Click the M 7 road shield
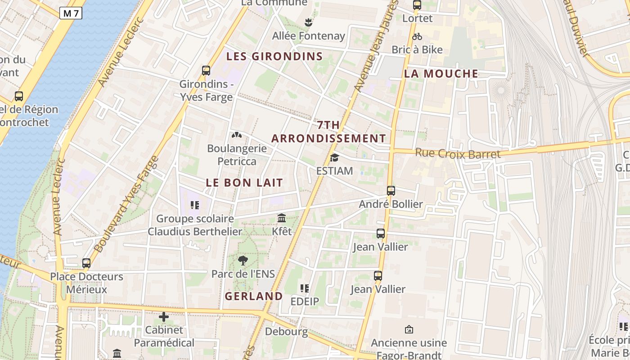[x=71, y=13]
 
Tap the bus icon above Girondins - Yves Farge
[x=206, y=70]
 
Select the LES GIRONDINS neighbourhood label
[x=274, y=56]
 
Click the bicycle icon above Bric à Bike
[x=417, y=36]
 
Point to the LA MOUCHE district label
[x=441, y=73]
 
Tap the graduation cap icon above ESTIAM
[x=334, y=157]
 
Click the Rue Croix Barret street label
[x=458, y=153]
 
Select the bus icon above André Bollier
[x=391, y=191]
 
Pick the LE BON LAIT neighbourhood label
[x=245, y=182]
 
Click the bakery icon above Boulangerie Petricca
[x=237, y=135]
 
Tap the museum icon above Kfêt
[x=282, y=218]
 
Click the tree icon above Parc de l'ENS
[x=243, y=260]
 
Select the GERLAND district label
[x=254, y=296]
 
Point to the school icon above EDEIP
[x=305, y=288]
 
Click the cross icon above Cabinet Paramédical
[x=164, y=317]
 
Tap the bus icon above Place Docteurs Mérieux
[x=86, y=263]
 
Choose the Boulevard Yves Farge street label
[x=127, y=203]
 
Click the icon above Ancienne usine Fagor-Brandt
[x=409, y=330]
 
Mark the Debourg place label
[x=286, y=332]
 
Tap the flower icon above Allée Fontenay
[x=308, y=22]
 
